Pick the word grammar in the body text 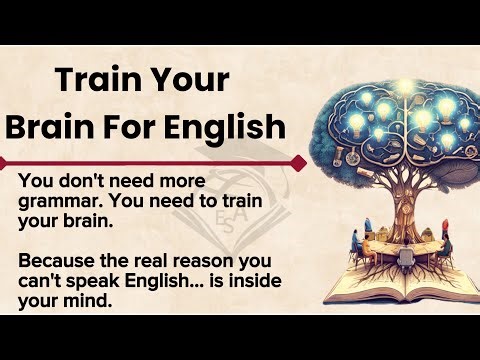point(57,204)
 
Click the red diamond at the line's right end point(299,161)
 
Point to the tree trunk point(391,196)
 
